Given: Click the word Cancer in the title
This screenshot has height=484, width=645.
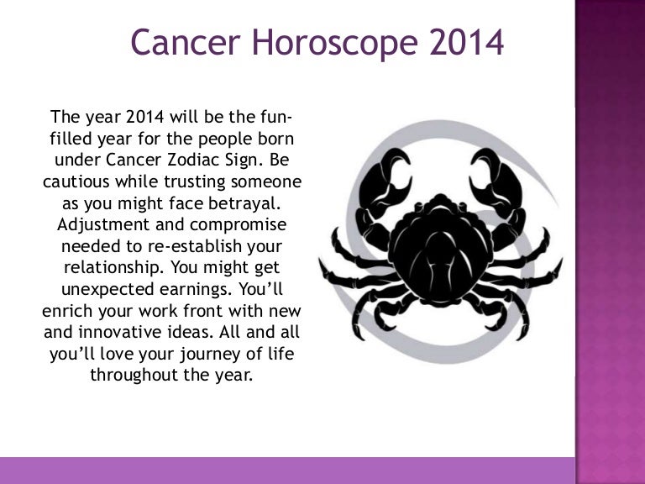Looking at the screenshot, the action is (186, 42).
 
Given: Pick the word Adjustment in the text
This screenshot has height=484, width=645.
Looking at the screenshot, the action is (103, 224).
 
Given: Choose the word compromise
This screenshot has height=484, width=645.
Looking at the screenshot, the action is (239, 225).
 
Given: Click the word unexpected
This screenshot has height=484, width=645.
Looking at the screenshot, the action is (107, 290).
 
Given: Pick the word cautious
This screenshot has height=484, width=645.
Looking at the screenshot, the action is (76, 181).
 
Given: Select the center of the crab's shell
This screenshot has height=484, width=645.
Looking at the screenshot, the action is (440, 251).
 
